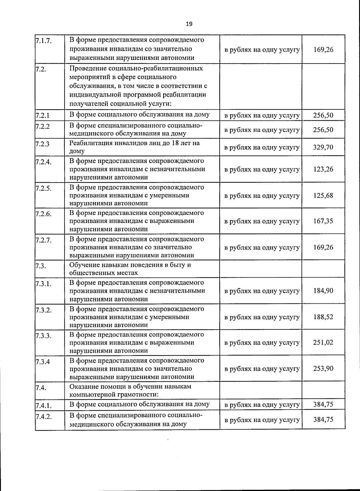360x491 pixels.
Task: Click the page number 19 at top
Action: (189, 24)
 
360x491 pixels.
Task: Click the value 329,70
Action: (323, 147)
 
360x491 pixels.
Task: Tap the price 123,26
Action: (323, 169)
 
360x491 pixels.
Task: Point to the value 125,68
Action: (323, 195)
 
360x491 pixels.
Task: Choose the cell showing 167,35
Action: (323, 221)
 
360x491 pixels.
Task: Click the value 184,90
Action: (323, 290)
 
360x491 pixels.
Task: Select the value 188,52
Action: (323, 317)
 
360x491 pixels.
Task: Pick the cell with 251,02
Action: (323, 342)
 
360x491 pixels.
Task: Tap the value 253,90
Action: (323, 368)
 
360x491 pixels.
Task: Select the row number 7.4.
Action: (40, 388)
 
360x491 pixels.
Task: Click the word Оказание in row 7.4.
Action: (83, 386)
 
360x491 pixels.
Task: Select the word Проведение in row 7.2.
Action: (87, 68)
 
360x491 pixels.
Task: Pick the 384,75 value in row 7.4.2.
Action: (323, 419)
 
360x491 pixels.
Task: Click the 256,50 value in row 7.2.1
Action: (323, 115)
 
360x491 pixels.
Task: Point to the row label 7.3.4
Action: (42, 362)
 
